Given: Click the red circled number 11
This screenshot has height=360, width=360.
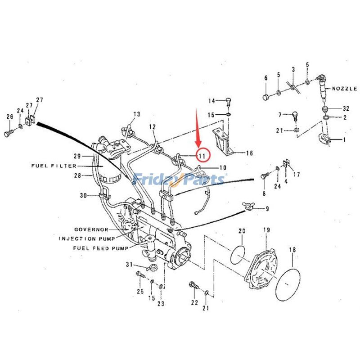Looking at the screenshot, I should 202,156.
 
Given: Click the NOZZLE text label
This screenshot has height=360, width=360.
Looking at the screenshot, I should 345,89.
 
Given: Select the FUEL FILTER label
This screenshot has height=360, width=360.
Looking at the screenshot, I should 54,166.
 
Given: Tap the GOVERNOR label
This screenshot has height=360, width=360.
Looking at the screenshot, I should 91,229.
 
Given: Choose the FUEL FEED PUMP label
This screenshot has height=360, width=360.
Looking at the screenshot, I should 100,248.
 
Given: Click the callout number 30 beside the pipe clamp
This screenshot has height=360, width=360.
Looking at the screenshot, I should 82,195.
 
